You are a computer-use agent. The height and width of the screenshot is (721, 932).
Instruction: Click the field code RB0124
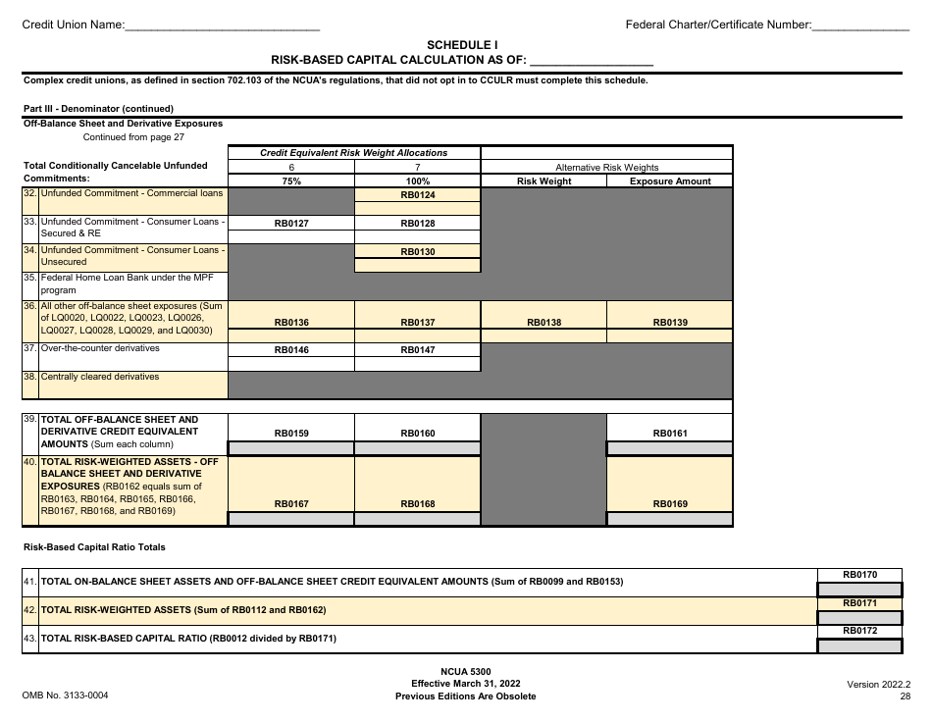click(x=417, y=195)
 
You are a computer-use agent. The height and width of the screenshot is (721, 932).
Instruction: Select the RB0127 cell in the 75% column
click(x=291, y=224)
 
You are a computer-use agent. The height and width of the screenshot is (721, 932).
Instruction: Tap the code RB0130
click(x=417, y=252)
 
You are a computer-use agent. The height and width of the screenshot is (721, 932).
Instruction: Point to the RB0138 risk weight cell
click(x=544, y=322)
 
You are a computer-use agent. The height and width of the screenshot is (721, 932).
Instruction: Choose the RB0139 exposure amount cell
click(x=670, y=322)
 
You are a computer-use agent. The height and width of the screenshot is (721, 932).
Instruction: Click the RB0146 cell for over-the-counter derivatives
click(x=291, y=349)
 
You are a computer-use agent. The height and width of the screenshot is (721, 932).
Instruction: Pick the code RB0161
click(x=670, y=433)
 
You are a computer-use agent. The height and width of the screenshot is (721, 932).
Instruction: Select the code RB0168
click(x=417, y=504)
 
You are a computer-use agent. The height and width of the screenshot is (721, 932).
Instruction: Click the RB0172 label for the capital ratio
click(x=859, y=631)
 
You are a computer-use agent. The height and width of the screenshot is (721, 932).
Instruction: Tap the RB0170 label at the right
click(x=859, y=574)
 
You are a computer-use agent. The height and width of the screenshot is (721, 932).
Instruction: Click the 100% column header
click(x=417, y=181)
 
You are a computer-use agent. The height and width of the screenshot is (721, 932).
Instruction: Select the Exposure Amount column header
click(x=670, y=181)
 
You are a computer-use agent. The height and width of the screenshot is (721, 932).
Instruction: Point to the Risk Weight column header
click(x=544, y=181)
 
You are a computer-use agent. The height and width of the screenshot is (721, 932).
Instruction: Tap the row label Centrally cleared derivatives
click(x=100, y=377)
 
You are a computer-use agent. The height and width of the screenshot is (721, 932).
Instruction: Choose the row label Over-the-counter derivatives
click(x=100, y=348)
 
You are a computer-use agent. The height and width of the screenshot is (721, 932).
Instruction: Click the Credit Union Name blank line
click(x=223, y=26)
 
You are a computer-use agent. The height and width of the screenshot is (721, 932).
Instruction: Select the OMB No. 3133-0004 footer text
click(x=65, y=695)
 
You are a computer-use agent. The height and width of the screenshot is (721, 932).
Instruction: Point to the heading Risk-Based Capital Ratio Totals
click(x=94, y=547)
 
